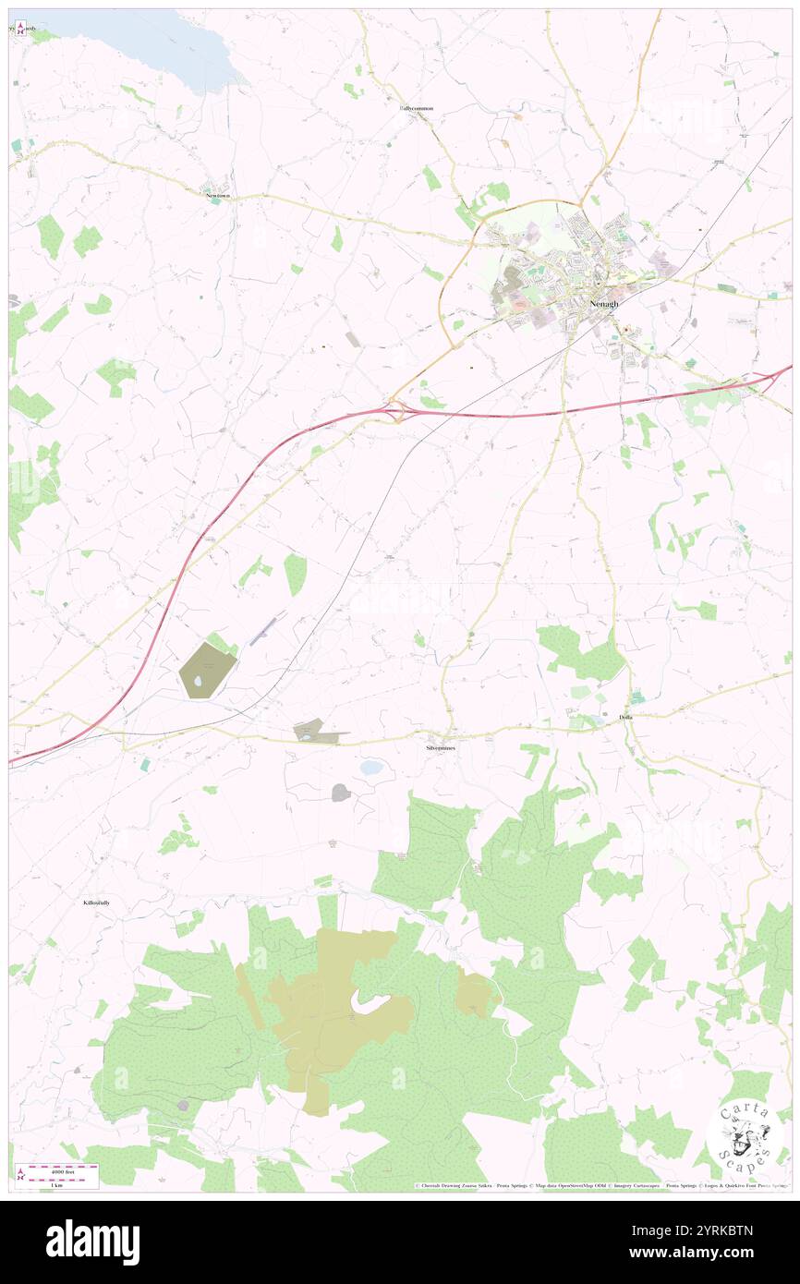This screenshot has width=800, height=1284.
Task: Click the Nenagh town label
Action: point(604,303)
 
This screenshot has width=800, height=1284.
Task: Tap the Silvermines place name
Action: point(441,747)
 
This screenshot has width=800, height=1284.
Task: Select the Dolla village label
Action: point(626,718)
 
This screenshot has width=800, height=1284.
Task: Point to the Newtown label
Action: point(218,197)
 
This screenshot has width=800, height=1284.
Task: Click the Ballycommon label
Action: point(417,108)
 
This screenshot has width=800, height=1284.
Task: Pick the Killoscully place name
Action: point(96,902)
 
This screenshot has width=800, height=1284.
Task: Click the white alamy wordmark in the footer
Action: point(92,1242)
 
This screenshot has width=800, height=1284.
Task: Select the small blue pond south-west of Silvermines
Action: point(371,768)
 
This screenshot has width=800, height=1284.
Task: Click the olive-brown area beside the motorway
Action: point(207,670)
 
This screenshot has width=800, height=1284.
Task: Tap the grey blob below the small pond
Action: point(341,793)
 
